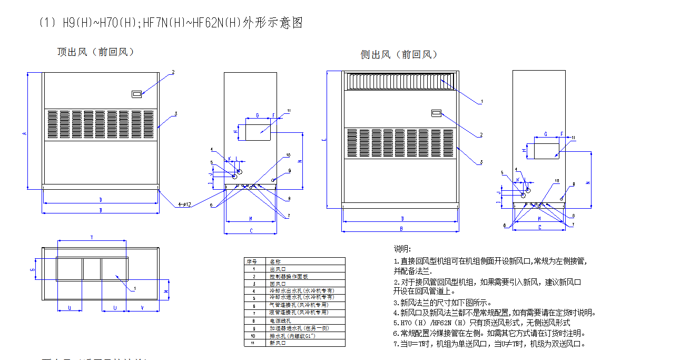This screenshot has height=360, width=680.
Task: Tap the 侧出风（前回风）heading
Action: pyautogui.click(x=399, y=54)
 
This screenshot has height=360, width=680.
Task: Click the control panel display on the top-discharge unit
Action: pyautogui.click(x=136, y=94)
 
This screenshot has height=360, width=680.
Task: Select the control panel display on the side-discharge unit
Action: pyautogui.click(x=436, y=112)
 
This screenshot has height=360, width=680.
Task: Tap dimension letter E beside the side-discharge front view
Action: pyautogui.click(x=323, y=140)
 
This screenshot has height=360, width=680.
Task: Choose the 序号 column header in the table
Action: pyautogui.click(x=252, y=261)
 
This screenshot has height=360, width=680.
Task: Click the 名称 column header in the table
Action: pyautogui.click(x=275, y=261)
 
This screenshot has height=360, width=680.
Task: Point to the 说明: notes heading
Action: pyautogui.click(x=402, y=249)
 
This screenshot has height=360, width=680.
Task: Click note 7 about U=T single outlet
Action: pyautogui.click(x=489, y=344)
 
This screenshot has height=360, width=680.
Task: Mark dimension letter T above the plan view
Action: pyautogui.click(x=92, y=238)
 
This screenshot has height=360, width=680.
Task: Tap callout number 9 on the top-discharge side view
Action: pyautogui.click(x=289, y=171)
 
